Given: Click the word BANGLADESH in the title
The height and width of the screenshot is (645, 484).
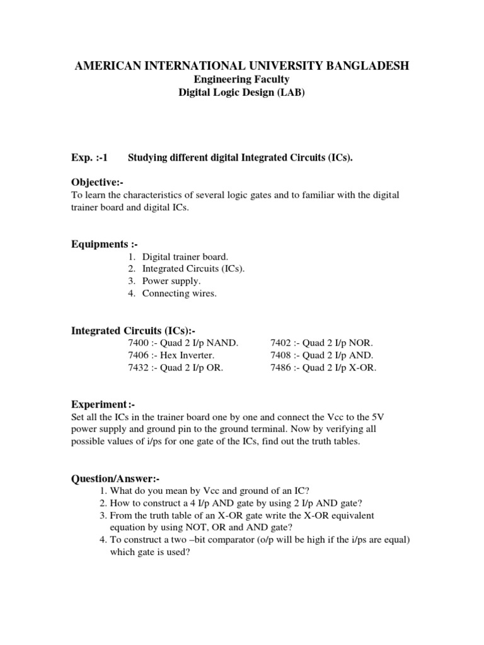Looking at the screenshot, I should [x=363, y=66].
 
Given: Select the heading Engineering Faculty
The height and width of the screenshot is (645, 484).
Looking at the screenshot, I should [x=241, y=79].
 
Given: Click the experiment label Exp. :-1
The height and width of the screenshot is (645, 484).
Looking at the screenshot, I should [x=91, y=158].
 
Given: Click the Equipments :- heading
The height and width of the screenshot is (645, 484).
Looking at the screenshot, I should [x=104, y=244].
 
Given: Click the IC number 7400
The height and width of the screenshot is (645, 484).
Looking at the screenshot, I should [x=138, y=343].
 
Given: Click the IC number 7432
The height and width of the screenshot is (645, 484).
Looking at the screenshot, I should [x=138, y=368].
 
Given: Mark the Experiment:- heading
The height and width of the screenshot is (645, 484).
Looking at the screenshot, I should [x=102, y=404].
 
